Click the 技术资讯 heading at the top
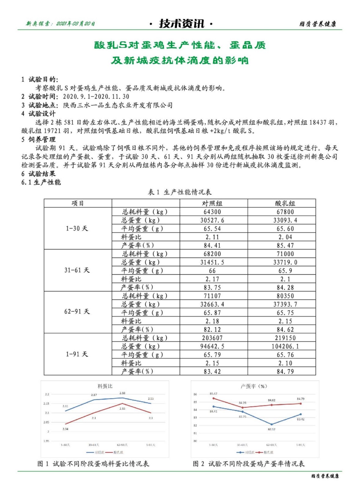coord(182,24)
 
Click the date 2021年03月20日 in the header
coord(75,24)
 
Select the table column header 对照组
coord(212,203)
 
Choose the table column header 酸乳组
coord(285,203)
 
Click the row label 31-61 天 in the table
coord(77,270)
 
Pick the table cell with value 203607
coord(212,338)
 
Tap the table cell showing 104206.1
coord(285,346)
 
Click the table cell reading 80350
coord(285,296)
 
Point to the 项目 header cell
coord(78,203)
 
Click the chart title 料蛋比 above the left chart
coord(105,386)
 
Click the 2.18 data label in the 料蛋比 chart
coord(122,393)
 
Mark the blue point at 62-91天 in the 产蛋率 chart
coord(271,424)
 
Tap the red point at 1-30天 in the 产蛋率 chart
coord(213,398)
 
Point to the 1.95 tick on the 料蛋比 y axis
coord(46,441)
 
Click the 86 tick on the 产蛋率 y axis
coord(195,394)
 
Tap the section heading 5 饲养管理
coord(39,139)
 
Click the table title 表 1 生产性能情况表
coord(180,192)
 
